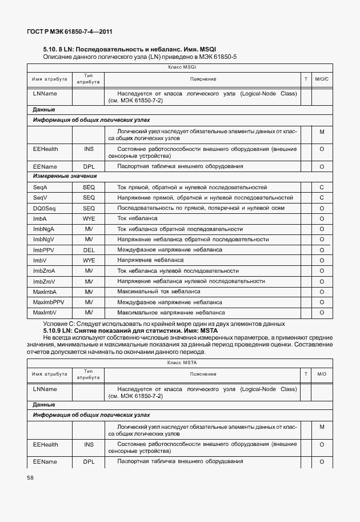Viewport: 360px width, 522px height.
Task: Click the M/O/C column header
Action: tap(322, 78)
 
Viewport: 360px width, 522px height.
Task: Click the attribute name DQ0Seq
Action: tap(44, 208)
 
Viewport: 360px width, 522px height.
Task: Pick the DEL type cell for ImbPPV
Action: tap(89, 250)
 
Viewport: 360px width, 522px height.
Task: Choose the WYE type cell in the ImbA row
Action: tap(89, 218)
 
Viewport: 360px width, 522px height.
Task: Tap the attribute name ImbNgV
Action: tap(43, 239)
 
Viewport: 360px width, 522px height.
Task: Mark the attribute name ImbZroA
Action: tap(44, 270)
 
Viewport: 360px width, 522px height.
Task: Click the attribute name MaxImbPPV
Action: tap(49, 302)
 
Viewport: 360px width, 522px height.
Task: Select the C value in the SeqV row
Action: tap(322, 198)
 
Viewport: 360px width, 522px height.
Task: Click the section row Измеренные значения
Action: tap(65, 177)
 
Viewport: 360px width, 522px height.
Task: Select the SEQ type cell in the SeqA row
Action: tap(89, 187)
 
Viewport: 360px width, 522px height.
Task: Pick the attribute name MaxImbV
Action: tap(45, 313)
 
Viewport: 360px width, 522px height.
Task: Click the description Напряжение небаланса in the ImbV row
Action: tap(150, 260)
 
